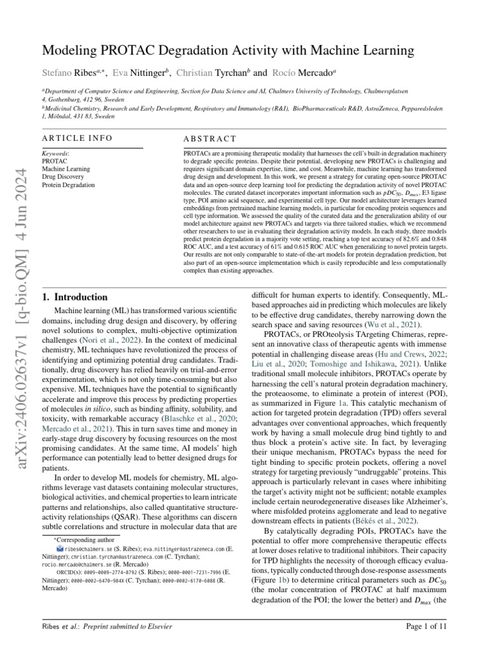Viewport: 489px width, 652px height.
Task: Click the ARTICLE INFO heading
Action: tap(77, 138)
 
